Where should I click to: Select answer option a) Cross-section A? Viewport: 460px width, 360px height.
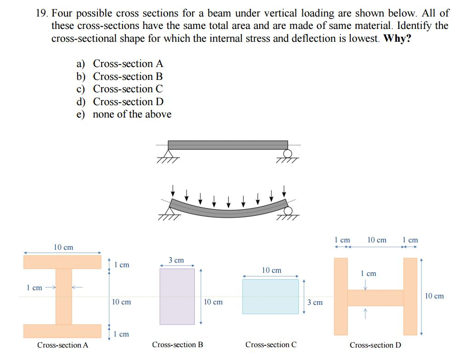point(128,64)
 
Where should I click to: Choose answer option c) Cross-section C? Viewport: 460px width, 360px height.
point(128,89)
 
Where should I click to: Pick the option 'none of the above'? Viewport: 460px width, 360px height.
point(132,114)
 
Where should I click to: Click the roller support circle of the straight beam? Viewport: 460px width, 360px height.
point(289,153)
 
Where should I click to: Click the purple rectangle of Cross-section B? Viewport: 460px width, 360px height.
point(177,297)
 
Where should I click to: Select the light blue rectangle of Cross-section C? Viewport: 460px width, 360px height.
point(271,296)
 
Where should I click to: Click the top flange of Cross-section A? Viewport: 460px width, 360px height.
point(62,262)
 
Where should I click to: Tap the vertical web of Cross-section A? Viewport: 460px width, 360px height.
point(63,296)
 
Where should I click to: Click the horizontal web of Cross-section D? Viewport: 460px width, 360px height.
point(375,298)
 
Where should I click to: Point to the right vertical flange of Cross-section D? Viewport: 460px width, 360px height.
point(410,296)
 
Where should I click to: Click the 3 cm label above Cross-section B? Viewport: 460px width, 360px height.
point(176,260)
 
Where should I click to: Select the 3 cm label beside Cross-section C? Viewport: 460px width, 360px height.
point(315,302)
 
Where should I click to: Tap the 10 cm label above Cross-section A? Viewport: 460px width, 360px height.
point(63,247)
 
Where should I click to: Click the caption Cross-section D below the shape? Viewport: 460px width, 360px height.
point(375,345)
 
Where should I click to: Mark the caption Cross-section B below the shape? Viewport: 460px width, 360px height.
point(177,345)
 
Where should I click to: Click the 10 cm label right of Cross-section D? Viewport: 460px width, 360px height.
point(434,296)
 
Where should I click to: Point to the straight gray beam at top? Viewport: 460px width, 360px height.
point(227,145)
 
